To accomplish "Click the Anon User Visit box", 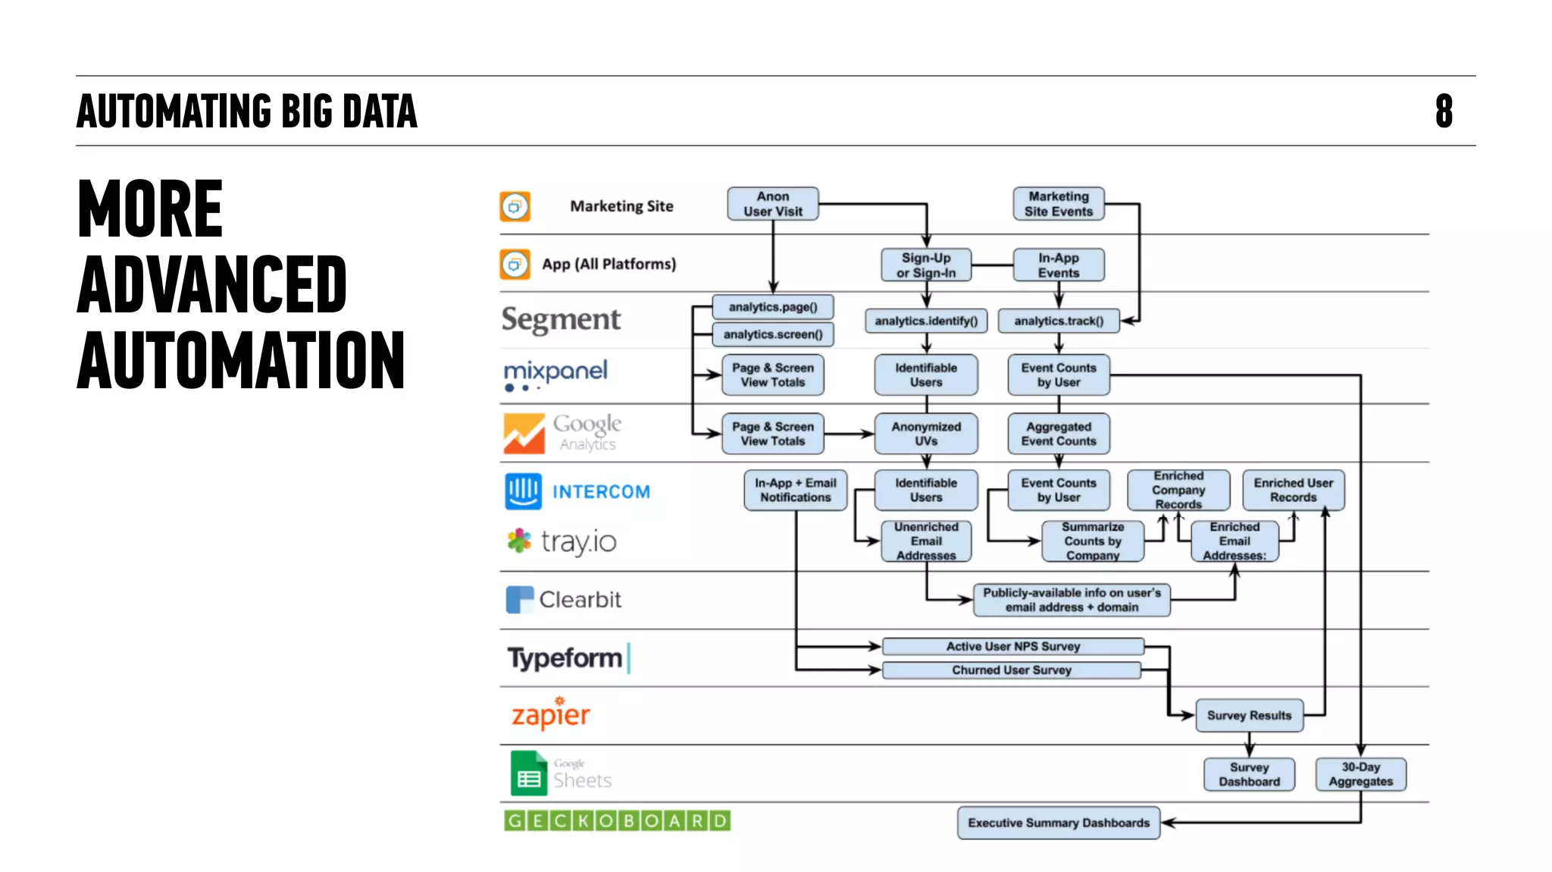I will point(772,204).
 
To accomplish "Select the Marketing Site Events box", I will point(1058,204).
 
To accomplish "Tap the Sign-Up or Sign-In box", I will point(925,265).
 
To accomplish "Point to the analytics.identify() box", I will point(925,321).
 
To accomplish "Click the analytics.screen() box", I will point(772,334).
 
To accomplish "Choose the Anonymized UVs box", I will point(925,434).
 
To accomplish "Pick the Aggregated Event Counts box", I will point(1058,434).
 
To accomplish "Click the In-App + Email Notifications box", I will point(795,490).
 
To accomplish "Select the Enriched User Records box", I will point(1293,490).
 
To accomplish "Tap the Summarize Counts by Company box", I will point(1092,541).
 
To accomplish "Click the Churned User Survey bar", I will point(1011,670).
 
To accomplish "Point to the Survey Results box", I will point(1249,715).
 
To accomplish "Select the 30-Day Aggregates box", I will point(1360,774).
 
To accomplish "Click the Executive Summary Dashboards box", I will point(1058,823).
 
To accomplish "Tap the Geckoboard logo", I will point(617,820).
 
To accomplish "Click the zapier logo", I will point(551,714).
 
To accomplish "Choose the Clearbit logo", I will point(563,599).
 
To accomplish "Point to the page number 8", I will point(1444,111).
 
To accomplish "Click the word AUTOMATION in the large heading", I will point(240,360).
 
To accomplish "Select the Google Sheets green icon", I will point(528,773).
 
